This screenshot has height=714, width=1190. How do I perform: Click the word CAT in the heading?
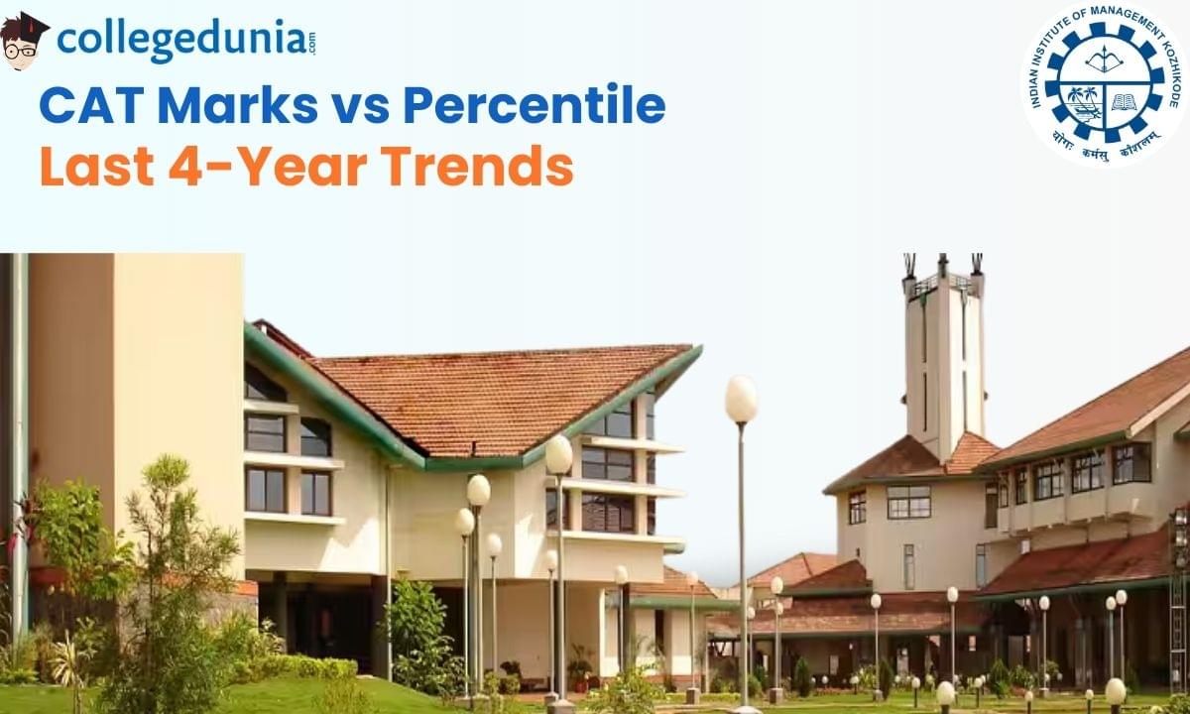coord(92,106)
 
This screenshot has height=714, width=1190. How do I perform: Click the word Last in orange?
coord(97,167)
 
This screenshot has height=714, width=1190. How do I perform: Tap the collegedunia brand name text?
coord(180,40)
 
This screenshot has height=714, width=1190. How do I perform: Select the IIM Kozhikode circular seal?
coord(1105,84)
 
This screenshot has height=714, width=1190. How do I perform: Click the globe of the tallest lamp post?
coord(742,400)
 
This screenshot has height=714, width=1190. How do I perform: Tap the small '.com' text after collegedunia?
coord(311,43)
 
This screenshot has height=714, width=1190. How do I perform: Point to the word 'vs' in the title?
coord(360,109)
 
